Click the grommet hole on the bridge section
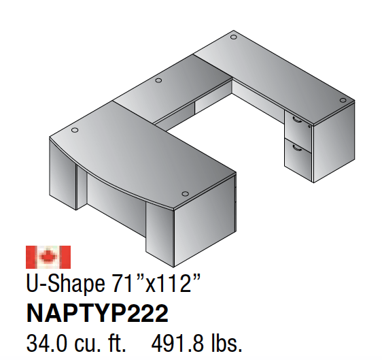tap(158, 81)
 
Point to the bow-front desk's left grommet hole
tap(73, 129)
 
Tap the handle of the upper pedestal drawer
tap(296, 119)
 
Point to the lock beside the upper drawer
tap(309, 126)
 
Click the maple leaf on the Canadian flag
tap(48, 257)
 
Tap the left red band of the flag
tap(31, 257)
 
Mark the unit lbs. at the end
tap(223, 341)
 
